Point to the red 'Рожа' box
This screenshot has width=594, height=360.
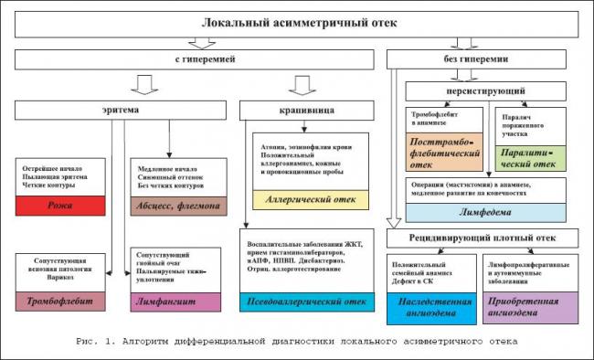click(61, 206)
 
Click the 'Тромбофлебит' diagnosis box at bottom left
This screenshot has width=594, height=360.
click(61, 302)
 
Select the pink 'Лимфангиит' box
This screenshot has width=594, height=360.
click(174, 302)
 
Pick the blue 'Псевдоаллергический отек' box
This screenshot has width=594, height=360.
click(310, 302)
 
